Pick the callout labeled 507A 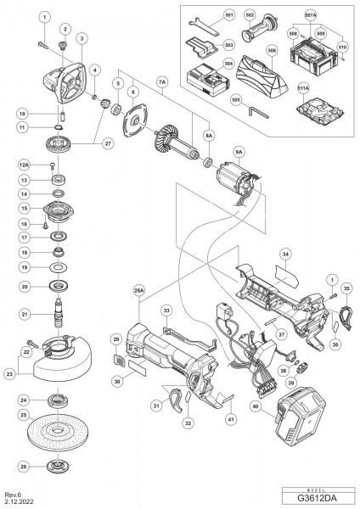311,16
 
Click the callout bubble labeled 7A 162,81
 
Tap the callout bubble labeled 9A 239,153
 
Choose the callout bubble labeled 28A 139,290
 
